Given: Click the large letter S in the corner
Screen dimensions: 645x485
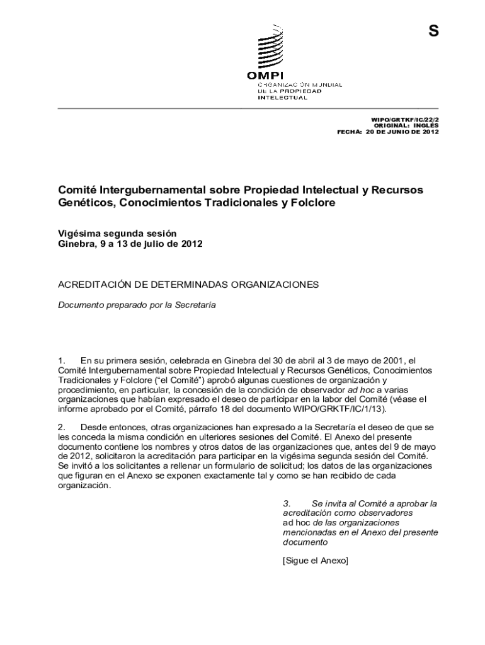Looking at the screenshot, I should tap(433, 31).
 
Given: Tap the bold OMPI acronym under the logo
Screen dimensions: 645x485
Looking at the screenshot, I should tap(265, 76).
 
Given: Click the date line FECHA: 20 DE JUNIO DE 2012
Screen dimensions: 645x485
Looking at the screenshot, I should tap(388, 132).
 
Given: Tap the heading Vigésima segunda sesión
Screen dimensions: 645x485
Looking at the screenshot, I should tap(117, 232).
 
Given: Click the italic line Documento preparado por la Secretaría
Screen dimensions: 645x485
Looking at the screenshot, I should tap(137, 305).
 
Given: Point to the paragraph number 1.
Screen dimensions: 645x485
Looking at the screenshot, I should tap(62, 360).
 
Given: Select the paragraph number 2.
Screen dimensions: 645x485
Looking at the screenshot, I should tap(62, 428).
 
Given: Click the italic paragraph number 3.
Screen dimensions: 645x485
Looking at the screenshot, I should tap(287, 504).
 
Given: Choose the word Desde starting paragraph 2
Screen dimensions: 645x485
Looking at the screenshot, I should tap(93, 428).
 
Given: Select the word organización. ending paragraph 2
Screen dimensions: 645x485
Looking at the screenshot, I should tap(84, 485).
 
